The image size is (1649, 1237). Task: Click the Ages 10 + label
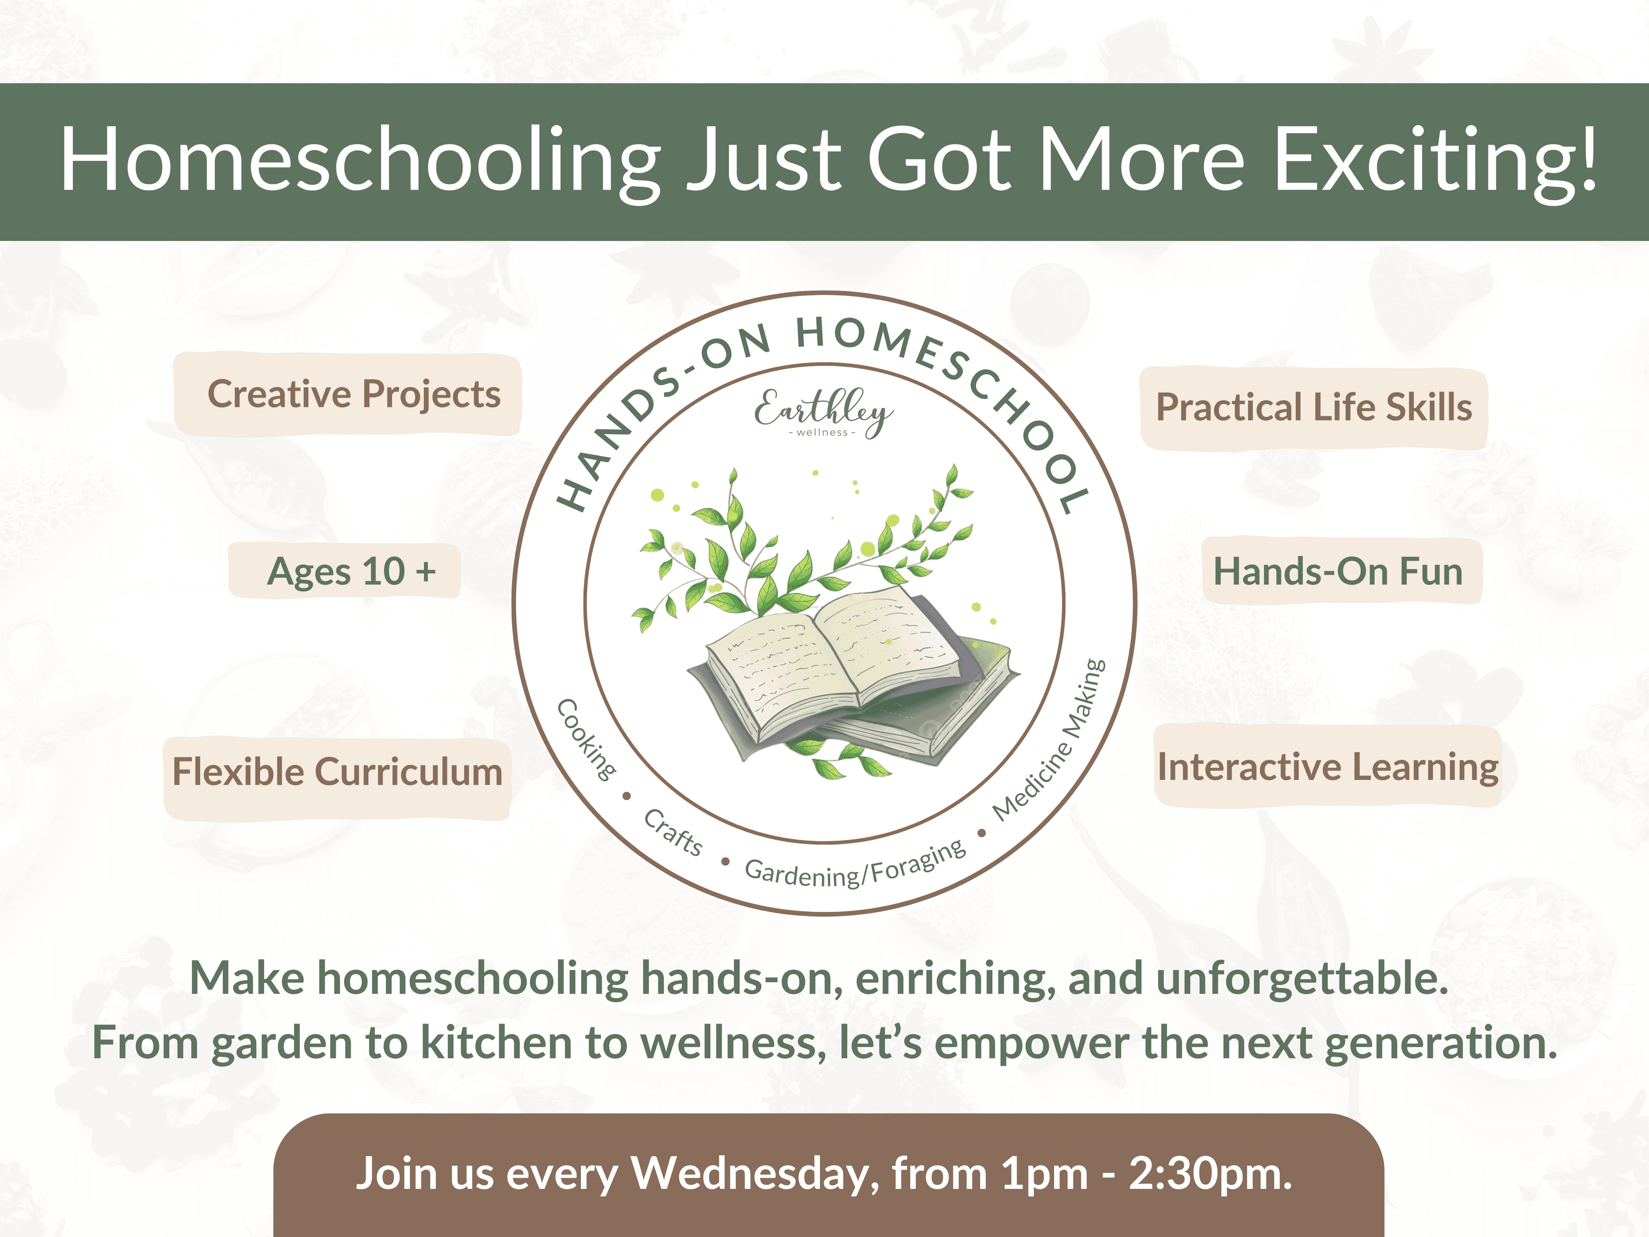tap(350, 571)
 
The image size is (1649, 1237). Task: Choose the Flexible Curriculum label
tap(337, 772)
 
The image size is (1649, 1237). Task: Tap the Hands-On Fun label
tap(1338, 571)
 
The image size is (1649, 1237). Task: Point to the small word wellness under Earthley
tap(822, 433)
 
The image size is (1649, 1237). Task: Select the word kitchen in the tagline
tap(496, 1042)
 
